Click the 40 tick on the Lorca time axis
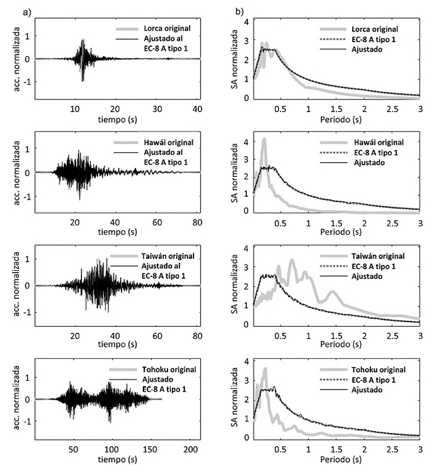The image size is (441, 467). (x=197, y=109)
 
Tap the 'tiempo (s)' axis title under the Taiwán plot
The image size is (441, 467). (x=115, y=347)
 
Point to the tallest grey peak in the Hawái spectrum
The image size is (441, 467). (x=264, y=140)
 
